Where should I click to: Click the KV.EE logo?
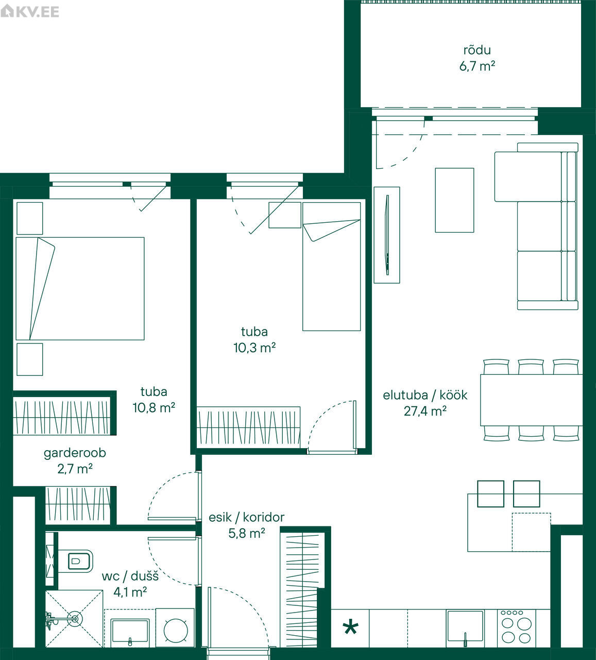pyautogui.click(x=29, y=12)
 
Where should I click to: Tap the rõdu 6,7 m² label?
pyautogui.click(x=477, y=58)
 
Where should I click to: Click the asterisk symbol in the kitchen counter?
pyautogui.click(x=350, y=627)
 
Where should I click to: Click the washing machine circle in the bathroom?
pyautogui.click(x=176, y=631)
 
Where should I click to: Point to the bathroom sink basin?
pyautogui.click(x=130, y=631)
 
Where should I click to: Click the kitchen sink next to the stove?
pyautogui.click(x=465, y=626)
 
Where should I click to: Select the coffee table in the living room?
pyautogui.click(x=455, y=200)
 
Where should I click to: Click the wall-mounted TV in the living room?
pyautogui.click(x=387, y=235)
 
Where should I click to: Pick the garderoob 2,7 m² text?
pyautogui.click(x=75, y=460)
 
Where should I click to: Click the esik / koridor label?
pyautogui.click(x=247, y=518)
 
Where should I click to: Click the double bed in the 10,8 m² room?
pyautogui.click(x=80, y=289)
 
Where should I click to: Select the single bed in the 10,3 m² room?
pyautogui.click(x=331, y=267)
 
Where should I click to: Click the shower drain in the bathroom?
pyautogui.click(x=75, y=619)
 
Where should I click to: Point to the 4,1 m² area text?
pyautogui.click(x=130, y=592)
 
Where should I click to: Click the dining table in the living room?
pyautogui.click(x=531, y=400)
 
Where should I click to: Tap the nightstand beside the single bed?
pyautogui.click(x=285, y=215)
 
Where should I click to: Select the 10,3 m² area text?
pyautogui.click(x=254, y=348)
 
